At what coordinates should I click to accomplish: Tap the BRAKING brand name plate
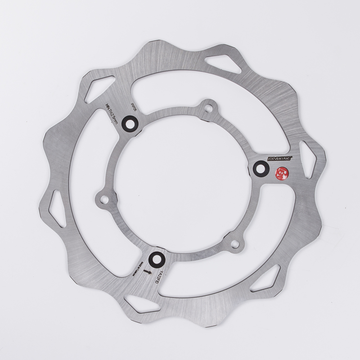click(x=280, y=158)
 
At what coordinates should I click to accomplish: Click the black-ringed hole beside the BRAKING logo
click(x=261, y=169)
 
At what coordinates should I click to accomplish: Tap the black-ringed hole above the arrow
click(x=155, y=259)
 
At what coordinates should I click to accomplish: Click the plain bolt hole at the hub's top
click(x=208, y=108)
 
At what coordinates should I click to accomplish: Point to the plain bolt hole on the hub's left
click(x=103, y=198)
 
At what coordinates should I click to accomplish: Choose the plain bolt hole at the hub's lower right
click(x=234, y=244)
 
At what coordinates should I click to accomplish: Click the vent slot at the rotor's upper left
click(x=96, y=89)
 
